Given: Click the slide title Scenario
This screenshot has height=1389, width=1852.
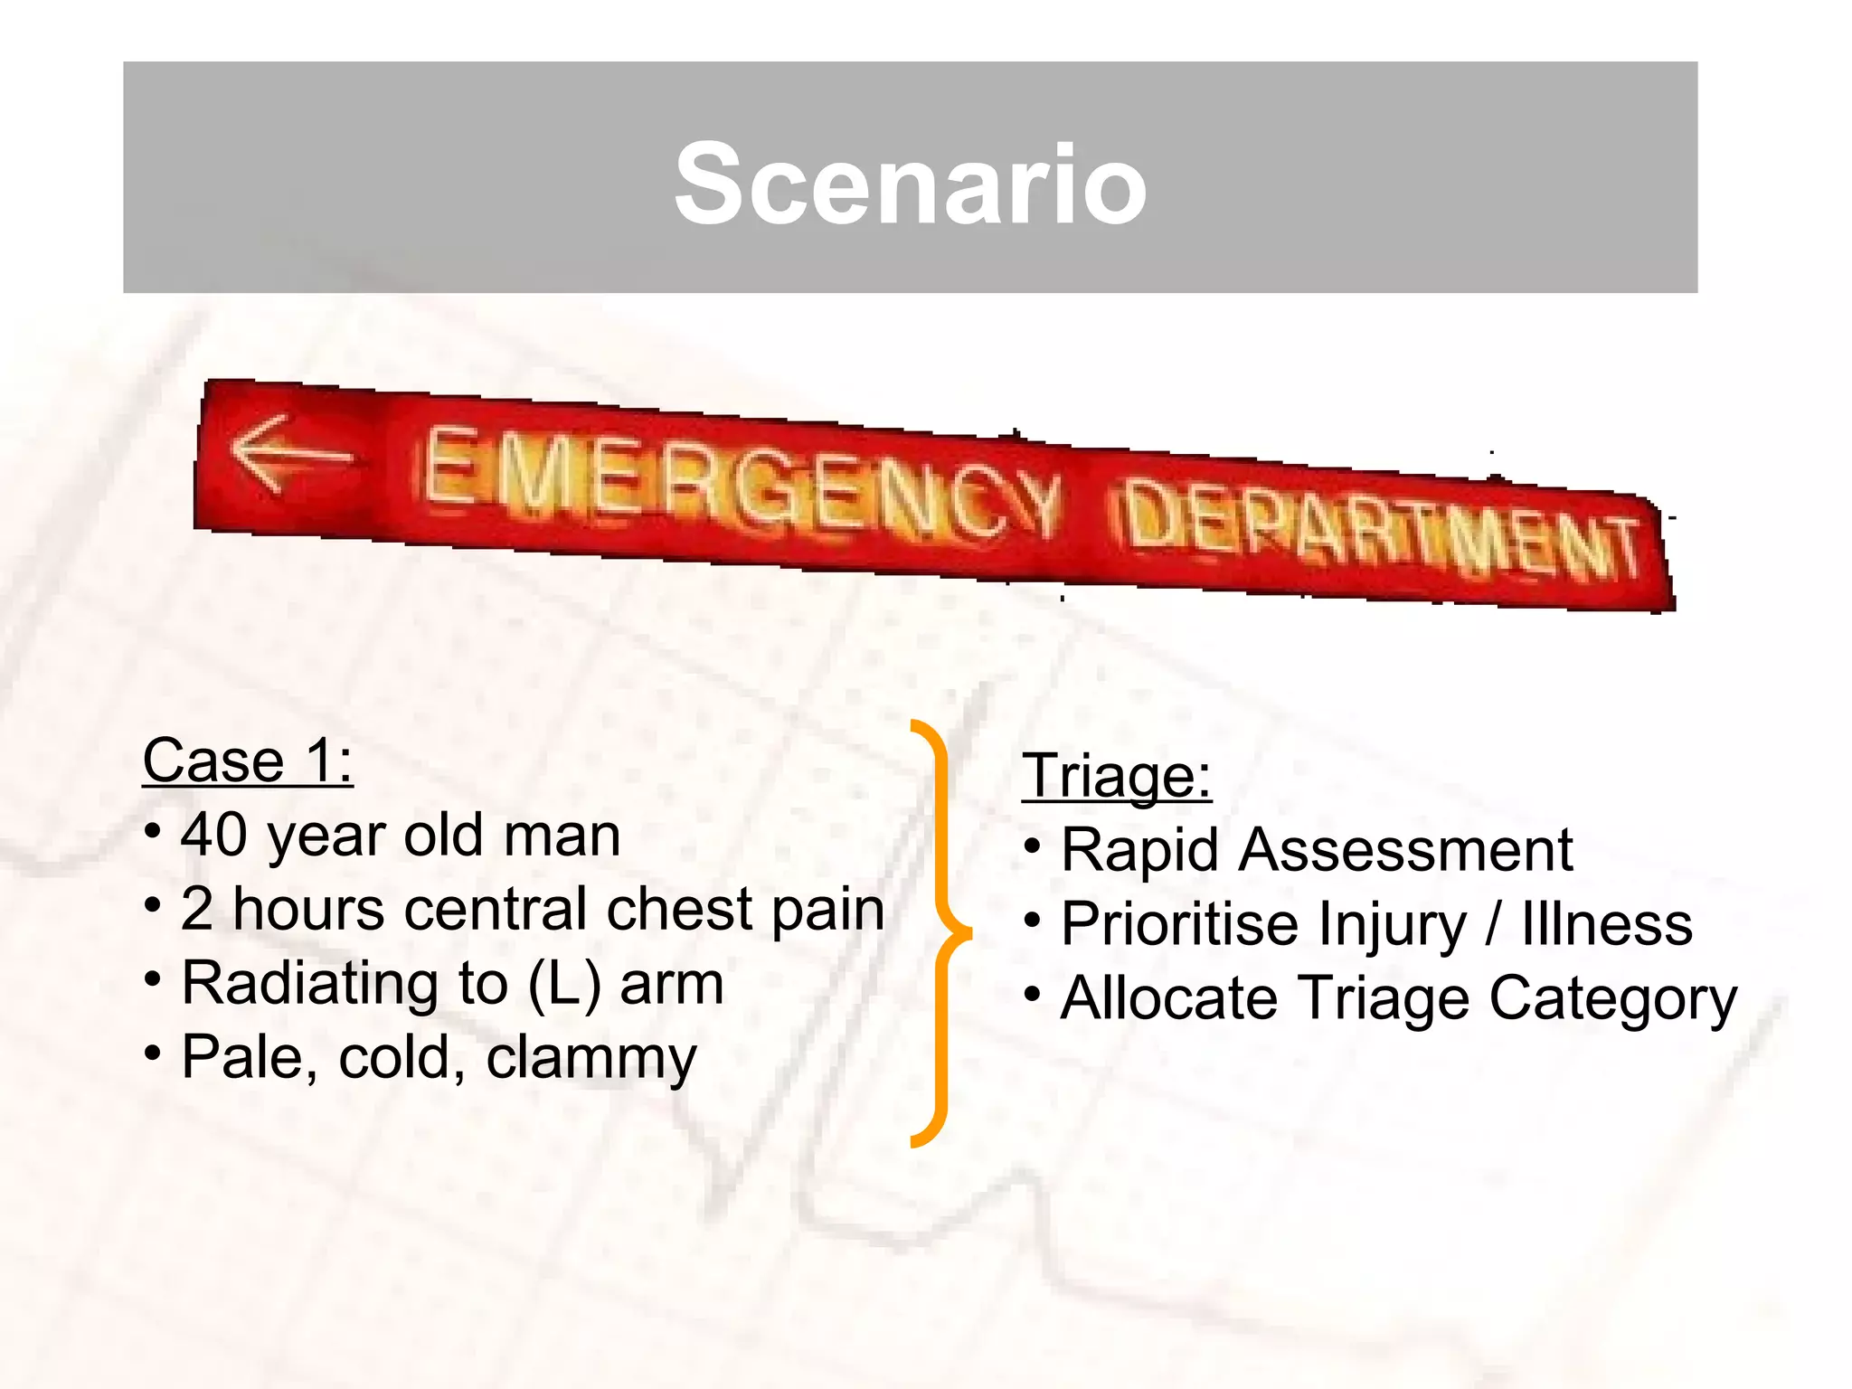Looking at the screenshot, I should pos(911,184).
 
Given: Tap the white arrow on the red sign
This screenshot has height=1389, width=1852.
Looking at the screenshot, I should pos(288,453).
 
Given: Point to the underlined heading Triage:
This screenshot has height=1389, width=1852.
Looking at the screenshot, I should pos(1116,776).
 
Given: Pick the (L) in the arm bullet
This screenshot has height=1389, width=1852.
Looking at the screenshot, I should pos(564,985).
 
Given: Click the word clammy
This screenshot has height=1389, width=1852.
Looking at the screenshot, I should pos(591,1059).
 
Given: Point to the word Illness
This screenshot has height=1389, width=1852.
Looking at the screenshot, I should pos(1606,925).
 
